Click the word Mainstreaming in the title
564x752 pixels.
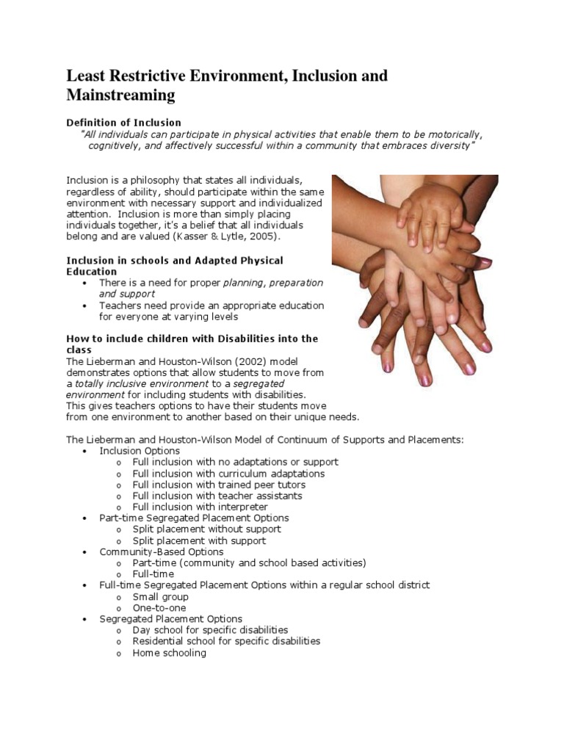click(x=121, y=95)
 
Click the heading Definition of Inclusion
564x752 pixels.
click(x=124, y=122)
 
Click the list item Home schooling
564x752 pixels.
click(x=169, y=652)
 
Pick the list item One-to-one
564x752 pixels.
click(x=159, y=607)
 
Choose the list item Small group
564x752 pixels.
click(x=160, y=596)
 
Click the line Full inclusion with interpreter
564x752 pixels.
click(x=200, y=507)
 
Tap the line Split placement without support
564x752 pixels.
click(x=206, y=529)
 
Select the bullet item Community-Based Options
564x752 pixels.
click(x=162, y=552)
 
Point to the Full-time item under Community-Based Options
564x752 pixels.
click(x=153, y=574)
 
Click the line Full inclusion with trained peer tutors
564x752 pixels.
click(x=219, y=485)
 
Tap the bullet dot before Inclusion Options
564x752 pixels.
click(x=85, y=451)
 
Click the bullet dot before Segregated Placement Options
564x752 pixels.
click(x=85, y=619)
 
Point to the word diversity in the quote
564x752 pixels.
click(x=446, y=146)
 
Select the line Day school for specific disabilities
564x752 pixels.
click(x=210, y=630)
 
